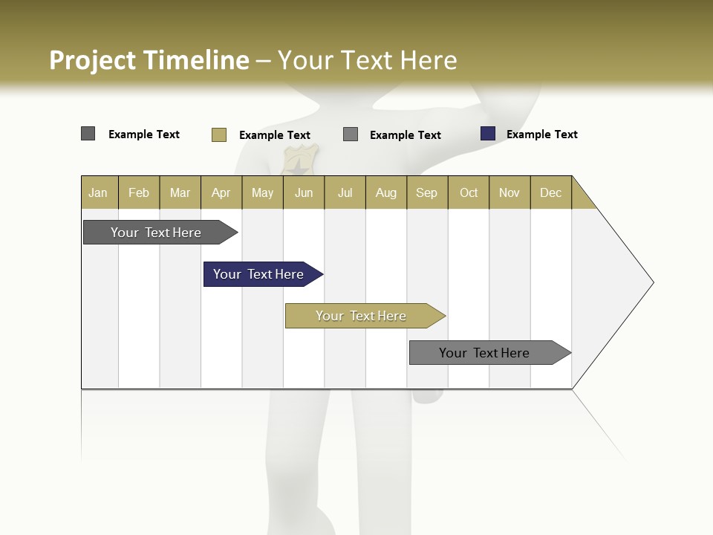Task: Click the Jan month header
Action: [x=98, y=192]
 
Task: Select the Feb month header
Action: [x=139, y=192]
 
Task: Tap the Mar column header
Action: [x=180, y=192]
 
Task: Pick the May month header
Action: [x=262, y=192]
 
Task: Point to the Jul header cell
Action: [x=345, y=192]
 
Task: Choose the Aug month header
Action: [x=386, y=192]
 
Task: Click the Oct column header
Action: [x=469, y=192]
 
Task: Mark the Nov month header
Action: [x=509, y=192]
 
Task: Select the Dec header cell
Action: [x=550, y=192]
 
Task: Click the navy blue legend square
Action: [x=488, y=134]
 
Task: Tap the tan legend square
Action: [x=219, y=134]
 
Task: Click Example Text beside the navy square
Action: [x=541, y=134]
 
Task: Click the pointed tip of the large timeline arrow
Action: [x=651, y=282]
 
